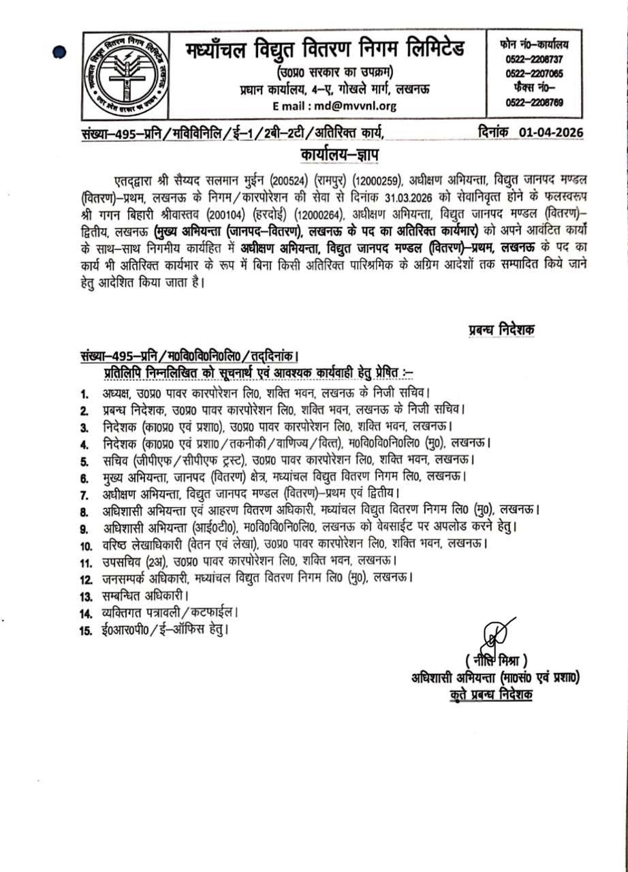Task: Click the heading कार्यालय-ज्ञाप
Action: [339, 155]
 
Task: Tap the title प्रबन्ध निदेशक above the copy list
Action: [501, 329]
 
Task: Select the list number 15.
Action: [86, 631]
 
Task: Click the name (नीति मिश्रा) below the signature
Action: [497, 660]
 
